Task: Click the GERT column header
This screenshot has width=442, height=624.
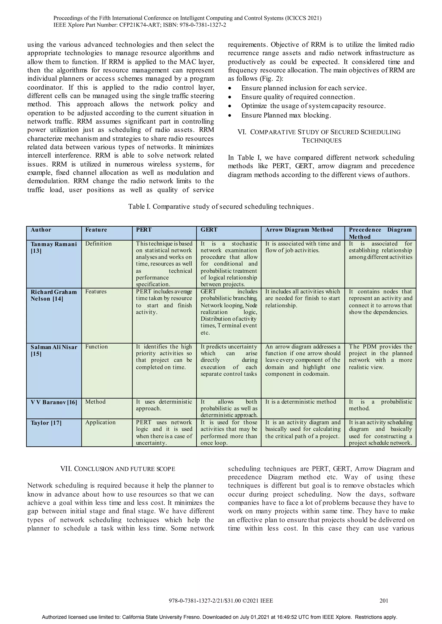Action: click(209, 230)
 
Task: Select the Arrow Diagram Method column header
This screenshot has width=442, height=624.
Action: click(299, 230)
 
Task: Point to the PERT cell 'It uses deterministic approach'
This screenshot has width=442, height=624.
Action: click(164, 405)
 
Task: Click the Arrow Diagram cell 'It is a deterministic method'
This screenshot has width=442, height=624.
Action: click(300, 402)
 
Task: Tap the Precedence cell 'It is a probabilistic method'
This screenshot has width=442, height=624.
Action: click(380, 405)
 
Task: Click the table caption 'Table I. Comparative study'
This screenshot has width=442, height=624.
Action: click(221, 207)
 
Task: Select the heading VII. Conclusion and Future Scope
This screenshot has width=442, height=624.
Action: click(118, 469)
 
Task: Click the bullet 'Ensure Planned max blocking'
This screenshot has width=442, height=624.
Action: click(286, 115)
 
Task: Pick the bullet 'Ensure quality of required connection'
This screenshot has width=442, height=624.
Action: click(298, 97)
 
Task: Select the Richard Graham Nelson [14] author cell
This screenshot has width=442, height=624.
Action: click(54, 295)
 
